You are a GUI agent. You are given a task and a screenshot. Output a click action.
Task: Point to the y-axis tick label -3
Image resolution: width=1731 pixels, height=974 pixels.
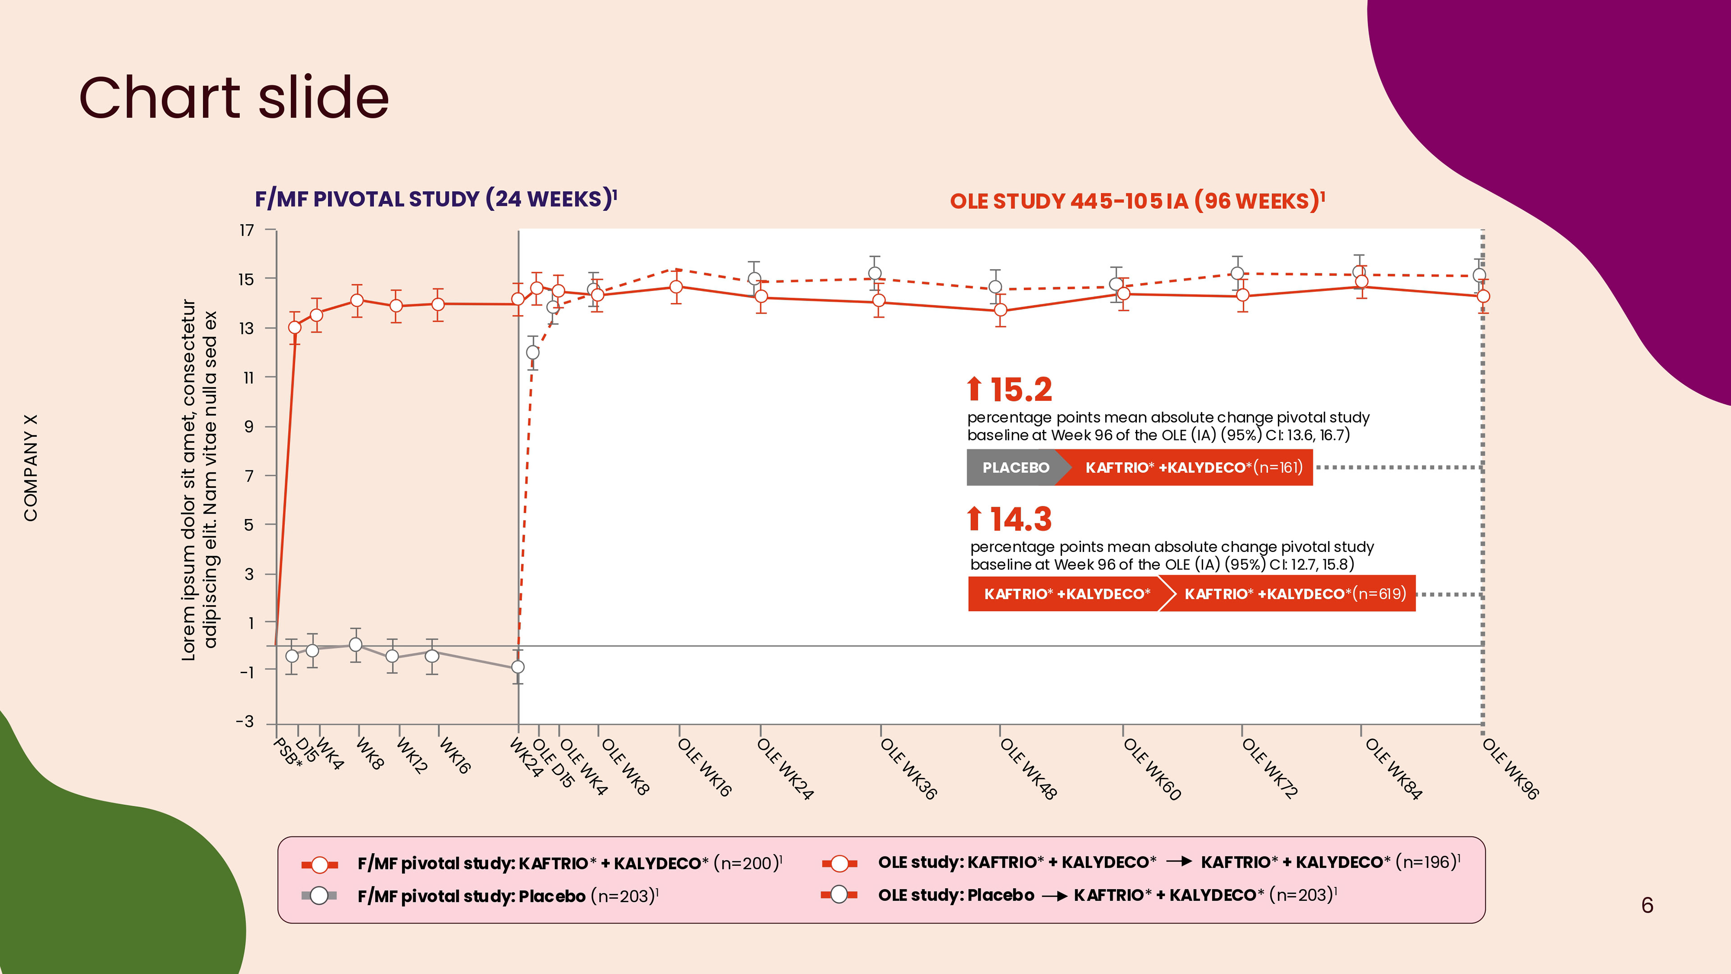pos(245,722)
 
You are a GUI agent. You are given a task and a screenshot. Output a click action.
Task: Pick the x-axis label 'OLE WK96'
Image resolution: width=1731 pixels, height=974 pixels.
pos(1510,768)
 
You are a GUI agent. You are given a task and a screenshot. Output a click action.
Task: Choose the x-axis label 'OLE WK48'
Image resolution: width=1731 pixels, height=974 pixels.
pos(1028,768)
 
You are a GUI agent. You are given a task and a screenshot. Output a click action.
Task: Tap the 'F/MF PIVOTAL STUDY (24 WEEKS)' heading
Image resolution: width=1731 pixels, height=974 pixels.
pos(435,199)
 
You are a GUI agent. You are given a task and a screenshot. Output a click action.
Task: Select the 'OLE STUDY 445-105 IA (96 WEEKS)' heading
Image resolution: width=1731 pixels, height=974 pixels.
pos(1137,201)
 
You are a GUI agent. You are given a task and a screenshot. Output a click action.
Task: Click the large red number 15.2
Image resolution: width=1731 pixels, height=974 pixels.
pos(1021,389)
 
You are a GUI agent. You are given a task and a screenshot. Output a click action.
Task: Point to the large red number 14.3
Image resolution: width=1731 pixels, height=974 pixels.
pos(1021,519)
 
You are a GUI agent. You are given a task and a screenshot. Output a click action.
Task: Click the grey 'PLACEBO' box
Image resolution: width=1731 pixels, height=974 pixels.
pos(1015,467)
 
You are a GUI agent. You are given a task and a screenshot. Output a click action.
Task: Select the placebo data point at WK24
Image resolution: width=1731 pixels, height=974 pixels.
pos(518,667)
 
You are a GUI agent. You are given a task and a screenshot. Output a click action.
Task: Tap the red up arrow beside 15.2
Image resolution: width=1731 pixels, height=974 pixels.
pos(974,389)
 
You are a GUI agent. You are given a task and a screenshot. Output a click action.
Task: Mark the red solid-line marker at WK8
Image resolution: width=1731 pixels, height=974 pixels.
pos(357,300)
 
